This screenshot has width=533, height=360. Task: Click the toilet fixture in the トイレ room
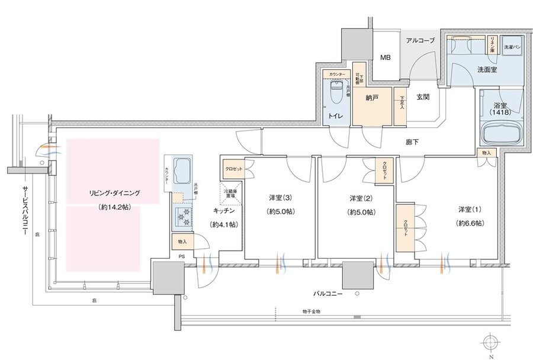click(335, 92)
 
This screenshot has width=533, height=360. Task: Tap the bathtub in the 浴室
click(500, 133)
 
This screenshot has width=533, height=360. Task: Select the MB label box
click(385, 58)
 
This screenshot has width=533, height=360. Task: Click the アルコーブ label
click(420, 40)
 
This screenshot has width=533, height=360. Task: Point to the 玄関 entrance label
click(422, 97)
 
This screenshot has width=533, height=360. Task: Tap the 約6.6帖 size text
click(470, 223)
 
